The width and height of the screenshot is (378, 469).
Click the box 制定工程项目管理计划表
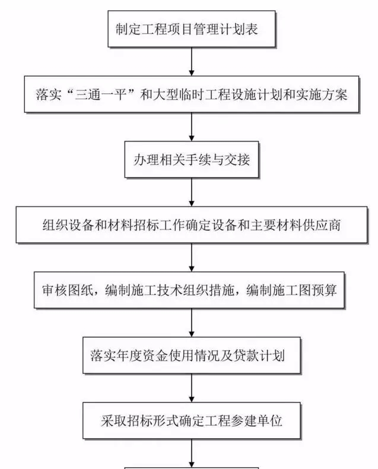pyautogui.click(x=191, y=27)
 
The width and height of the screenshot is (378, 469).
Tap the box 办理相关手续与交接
pyautogui.click(x=191, y=159)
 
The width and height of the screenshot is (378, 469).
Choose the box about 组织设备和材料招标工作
pyautogui.click(x=191, y=225)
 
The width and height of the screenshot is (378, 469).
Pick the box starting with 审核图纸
pyautogui.click(x=191, y=291)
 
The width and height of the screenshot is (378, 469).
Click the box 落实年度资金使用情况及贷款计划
pyautogui.click(x=191, y=357)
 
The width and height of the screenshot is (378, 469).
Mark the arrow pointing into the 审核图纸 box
pyautogui.click(x=191, y=258)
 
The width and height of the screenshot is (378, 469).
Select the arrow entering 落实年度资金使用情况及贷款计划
pyautogui.click(x=191, y=324)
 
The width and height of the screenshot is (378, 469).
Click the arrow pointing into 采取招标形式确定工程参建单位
pyautogui.click(x=191, y=390)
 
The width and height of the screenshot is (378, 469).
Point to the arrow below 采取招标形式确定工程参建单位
pyautogui.click(x=191, y=454)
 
